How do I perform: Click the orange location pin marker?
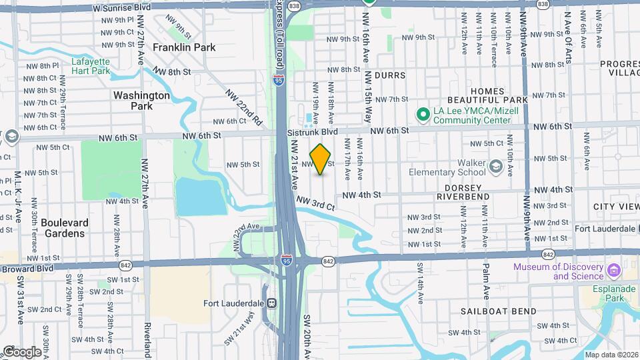coord(321,159)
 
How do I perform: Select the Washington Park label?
coord(141,100)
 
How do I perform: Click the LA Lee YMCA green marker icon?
coord(422,115)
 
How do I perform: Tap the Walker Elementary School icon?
coord(495,165)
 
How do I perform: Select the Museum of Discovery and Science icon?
coord(614,271)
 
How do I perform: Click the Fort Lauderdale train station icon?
coord(271,303)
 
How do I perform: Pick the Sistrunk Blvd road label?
coord(313,132)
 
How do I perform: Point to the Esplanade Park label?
coord(611,294)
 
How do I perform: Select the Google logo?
coord(21,351)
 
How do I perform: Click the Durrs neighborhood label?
coord(389,75)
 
